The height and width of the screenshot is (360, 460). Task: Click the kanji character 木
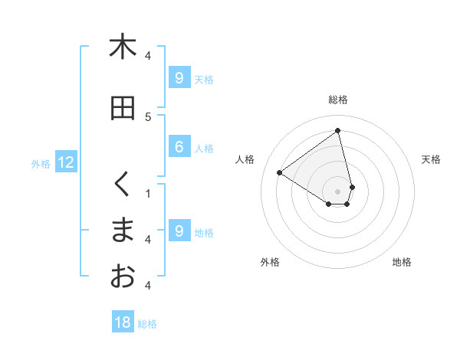click(122, 47)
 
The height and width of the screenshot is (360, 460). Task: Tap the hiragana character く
click(122, 185)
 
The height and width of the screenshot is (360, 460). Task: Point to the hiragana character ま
click(122, 231)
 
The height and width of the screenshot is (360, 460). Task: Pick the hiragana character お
click(122, 277)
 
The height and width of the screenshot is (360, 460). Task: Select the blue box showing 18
click(123, 322)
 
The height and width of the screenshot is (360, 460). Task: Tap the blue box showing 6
click(179, 148)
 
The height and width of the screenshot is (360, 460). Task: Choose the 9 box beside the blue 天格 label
click(179, 78)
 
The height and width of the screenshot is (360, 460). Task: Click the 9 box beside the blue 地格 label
click(179, 231)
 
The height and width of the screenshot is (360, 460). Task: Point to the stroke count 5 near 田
click(148, 116)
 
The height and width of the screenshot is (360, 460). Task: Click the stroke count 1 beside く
click(148, 193)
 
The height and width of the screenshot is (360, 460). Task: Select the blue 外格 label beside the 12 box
click(41, 163)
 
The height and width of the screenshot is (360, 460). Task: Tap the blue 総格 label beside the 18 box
click(147, 324)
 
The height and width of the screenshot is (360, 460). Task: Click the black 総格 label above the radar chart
click(338, 100)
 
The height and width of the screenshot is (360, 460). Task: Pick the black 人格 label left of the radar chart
click(245, 159)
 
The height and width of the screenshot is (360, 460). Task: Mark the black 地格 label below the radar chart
click(402, 263)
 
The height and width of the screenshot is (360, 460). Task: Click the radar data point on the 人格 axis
click(280, 172)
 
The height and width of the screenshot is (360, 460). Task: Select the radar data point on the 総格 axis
click(338, 131)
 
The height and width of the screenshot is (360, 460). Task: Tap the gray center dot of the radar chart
click(338, 191)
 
